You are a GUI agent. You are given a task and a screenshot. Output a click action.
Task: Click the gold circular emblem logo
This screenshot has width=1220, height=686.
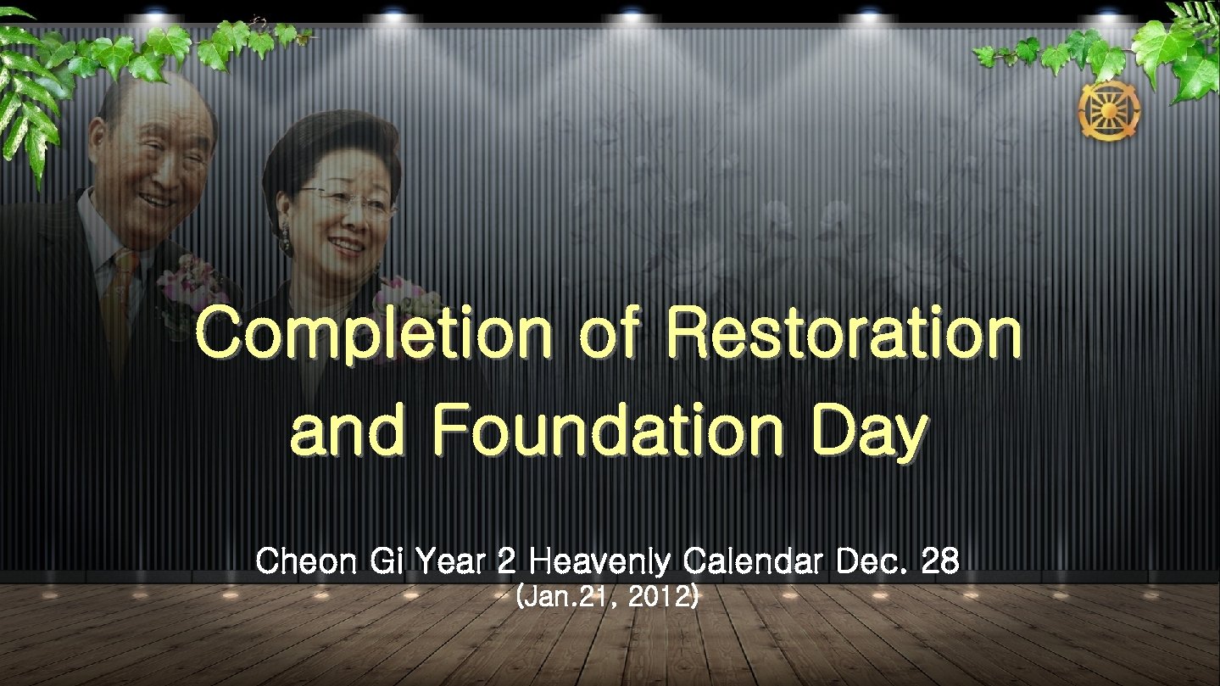1109,113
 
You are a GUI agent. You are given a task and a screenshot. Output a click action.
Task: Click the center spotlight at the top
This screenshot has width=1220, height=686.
632,14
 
